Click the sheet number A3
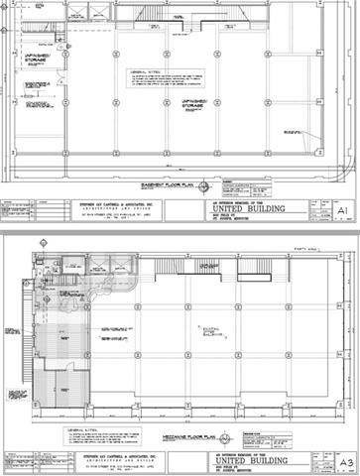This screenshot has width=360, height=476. coord(343,461)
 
